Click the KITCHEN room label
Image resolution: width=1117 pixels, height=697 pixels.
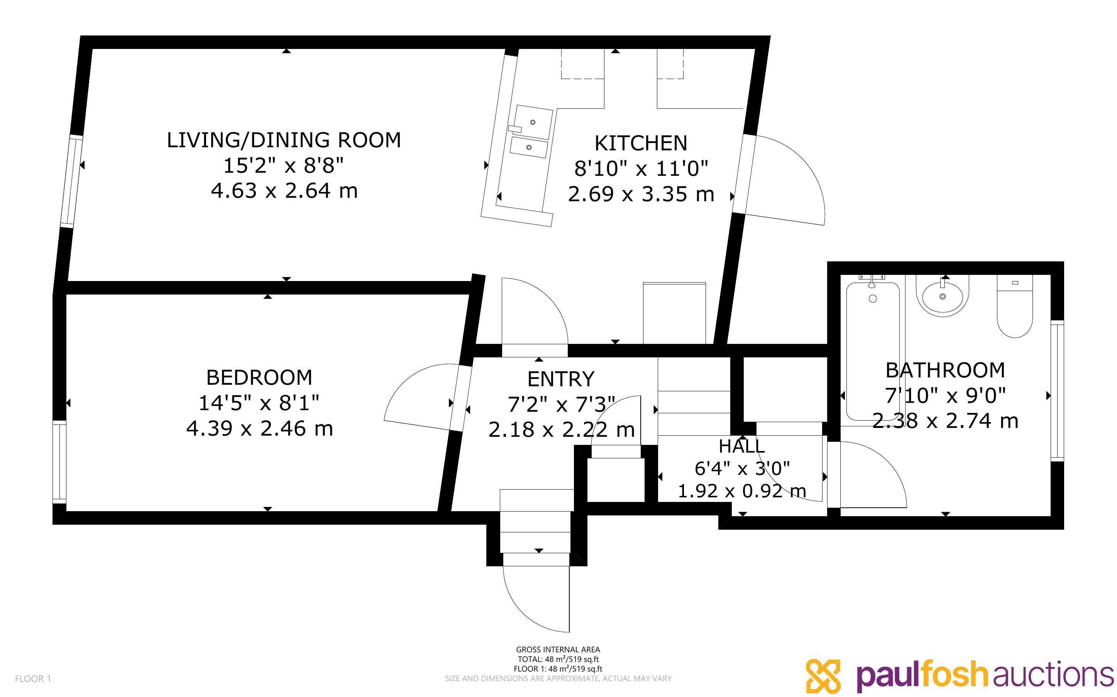click(x=641, y=143)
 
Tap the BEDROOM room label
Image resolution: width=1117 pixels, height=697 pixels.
click(x=259, y=377)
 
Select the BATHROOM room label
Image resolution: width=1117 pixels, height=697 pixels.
click(x=945, y=370)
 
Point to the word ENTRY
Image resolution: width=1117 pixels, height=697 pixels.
click(x=560, y=379)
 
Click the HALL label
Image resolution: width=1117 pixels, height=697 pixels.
click(x=742, y=446)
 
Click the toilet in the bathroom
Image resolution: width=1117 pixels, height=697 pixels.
click(x=1015, y=306)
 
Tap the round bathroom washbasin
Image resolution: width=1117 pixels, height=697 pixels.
click(x=942, y=296)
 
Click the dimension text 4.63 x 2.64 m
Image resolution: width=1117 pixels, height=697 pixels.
click(x=284, y=191)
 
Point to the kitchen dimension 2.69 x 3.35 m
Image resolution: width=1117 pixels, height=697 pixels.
click(x=641, y=194)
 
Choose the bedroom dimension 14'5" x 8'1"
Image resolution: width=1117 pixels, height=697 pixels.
click(x=259, y=403)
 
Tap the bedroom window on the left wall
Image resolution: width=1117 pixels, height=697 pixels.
click(x=59, y=461)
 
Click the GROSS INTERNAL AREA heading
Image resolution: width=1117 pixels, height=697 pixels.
click(x=558, y=650)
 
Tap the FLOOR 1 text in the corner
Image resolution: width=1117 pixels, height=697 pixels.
click(x=33, y=678)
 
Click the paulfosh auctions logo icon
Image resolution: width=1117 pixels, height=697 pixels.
click(x=823, y=675)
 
